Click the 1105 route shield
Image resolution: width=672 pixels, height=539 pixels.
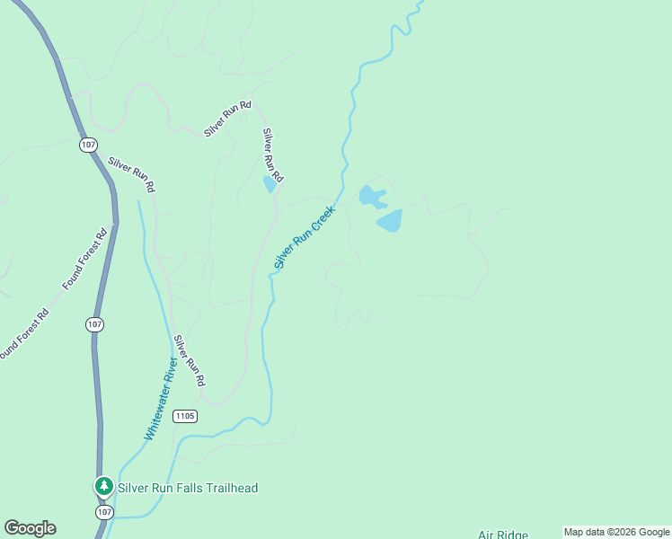click(185, 416)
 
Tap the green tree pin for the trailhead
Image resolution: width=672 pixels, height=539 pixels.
click(104, 487)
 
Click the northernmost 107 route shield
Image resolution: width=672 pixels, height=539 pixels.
click(88, 144)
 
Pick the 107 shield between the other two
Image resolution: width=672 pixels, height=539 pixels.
click(95, 323)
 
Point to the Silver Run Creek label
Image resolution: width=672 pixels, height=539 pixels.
click(305, 236)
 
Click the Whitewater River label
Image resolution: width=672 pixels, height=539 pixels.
click(159, 398)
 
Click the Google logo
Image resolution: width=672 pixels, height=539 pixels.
click(30, 528)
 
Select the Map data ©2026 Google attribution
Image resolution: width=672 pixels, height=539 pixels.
click(616, 532)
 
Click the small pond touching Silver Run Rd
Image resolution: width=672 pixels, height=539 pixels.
click(270, 184)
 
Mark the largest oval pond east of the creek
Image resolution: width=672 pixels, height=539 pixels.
click(389, 220)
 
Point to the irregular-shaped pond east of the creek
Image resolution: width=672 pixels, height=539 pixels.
click(371, 196)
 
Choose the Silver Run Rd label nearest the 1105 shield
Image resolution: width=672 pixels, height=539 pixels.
click(190, 360)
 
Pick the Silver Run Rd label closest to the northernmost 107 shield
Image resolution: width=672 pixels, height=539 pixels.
click(132, 175)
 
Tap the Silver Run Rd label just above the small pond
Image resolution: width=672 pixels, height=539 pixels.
click(272, 154)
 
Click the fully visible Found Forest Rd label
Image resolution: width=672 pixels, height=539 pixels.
click(84, 259)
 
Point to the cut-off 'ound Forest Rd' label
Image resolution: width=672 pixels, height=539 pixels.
click(23, 335)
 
